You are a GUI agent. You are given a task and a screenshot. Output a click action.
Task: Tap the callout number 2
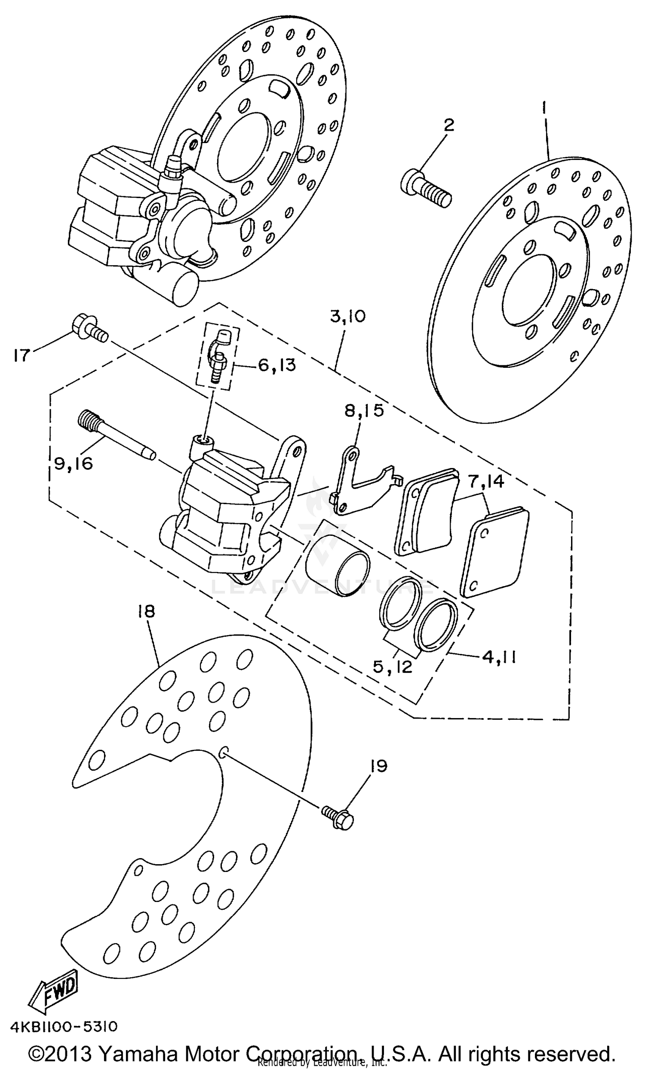tap(448, 125)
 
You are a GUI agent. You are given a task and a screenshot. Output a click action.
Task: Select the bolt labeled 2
tap(426, 188)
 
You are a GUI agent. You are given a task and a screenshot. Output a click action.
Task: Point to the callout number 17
tap(21, 356)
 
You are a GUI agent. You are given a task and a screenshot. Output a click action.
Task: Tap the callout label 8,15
tap(364, 410)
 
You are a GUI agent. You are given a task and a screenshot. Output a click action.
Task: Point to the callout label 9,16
tap(74, 464)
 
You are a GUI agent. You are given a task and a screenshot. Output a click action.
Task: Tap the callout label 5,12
tap(392, 666)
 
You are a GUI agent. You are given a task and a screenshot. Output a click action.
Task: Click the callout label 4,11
tap(498, 657)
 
